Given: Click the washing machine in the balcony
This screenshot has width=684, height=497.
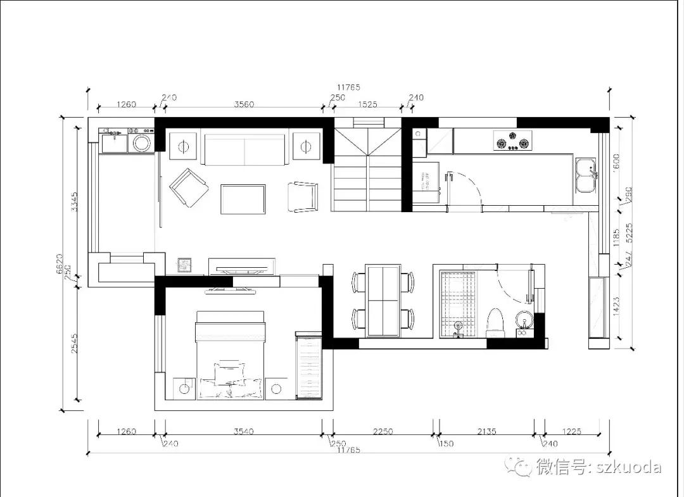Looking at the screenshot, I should point(141,142).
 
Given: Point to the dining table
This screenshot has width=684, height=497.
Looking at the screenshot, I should point(383,300).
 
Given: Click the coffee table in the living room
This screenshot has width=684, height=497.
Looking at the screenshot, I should point(243,199).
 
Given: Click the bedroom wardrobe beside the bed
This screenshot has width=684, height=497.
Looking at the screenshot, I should point(308,366).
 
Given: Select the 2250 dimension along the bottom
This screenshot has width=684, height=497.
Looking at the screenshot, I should point(383,432).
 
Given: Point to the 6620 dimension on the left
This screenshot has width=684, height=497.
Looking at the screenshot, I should point(60,263).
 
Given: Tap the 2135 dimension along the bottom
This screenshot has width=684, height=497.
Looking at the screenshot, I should point(487,432).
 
